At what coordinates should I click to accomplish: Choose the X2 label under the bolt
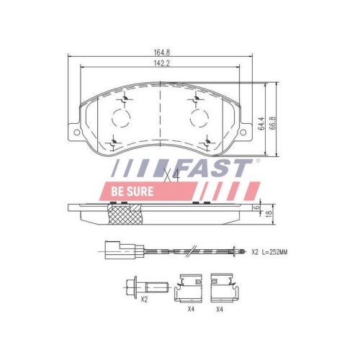coord(144,308)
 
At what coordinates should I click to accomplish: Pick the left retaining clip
coord(189,289)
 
